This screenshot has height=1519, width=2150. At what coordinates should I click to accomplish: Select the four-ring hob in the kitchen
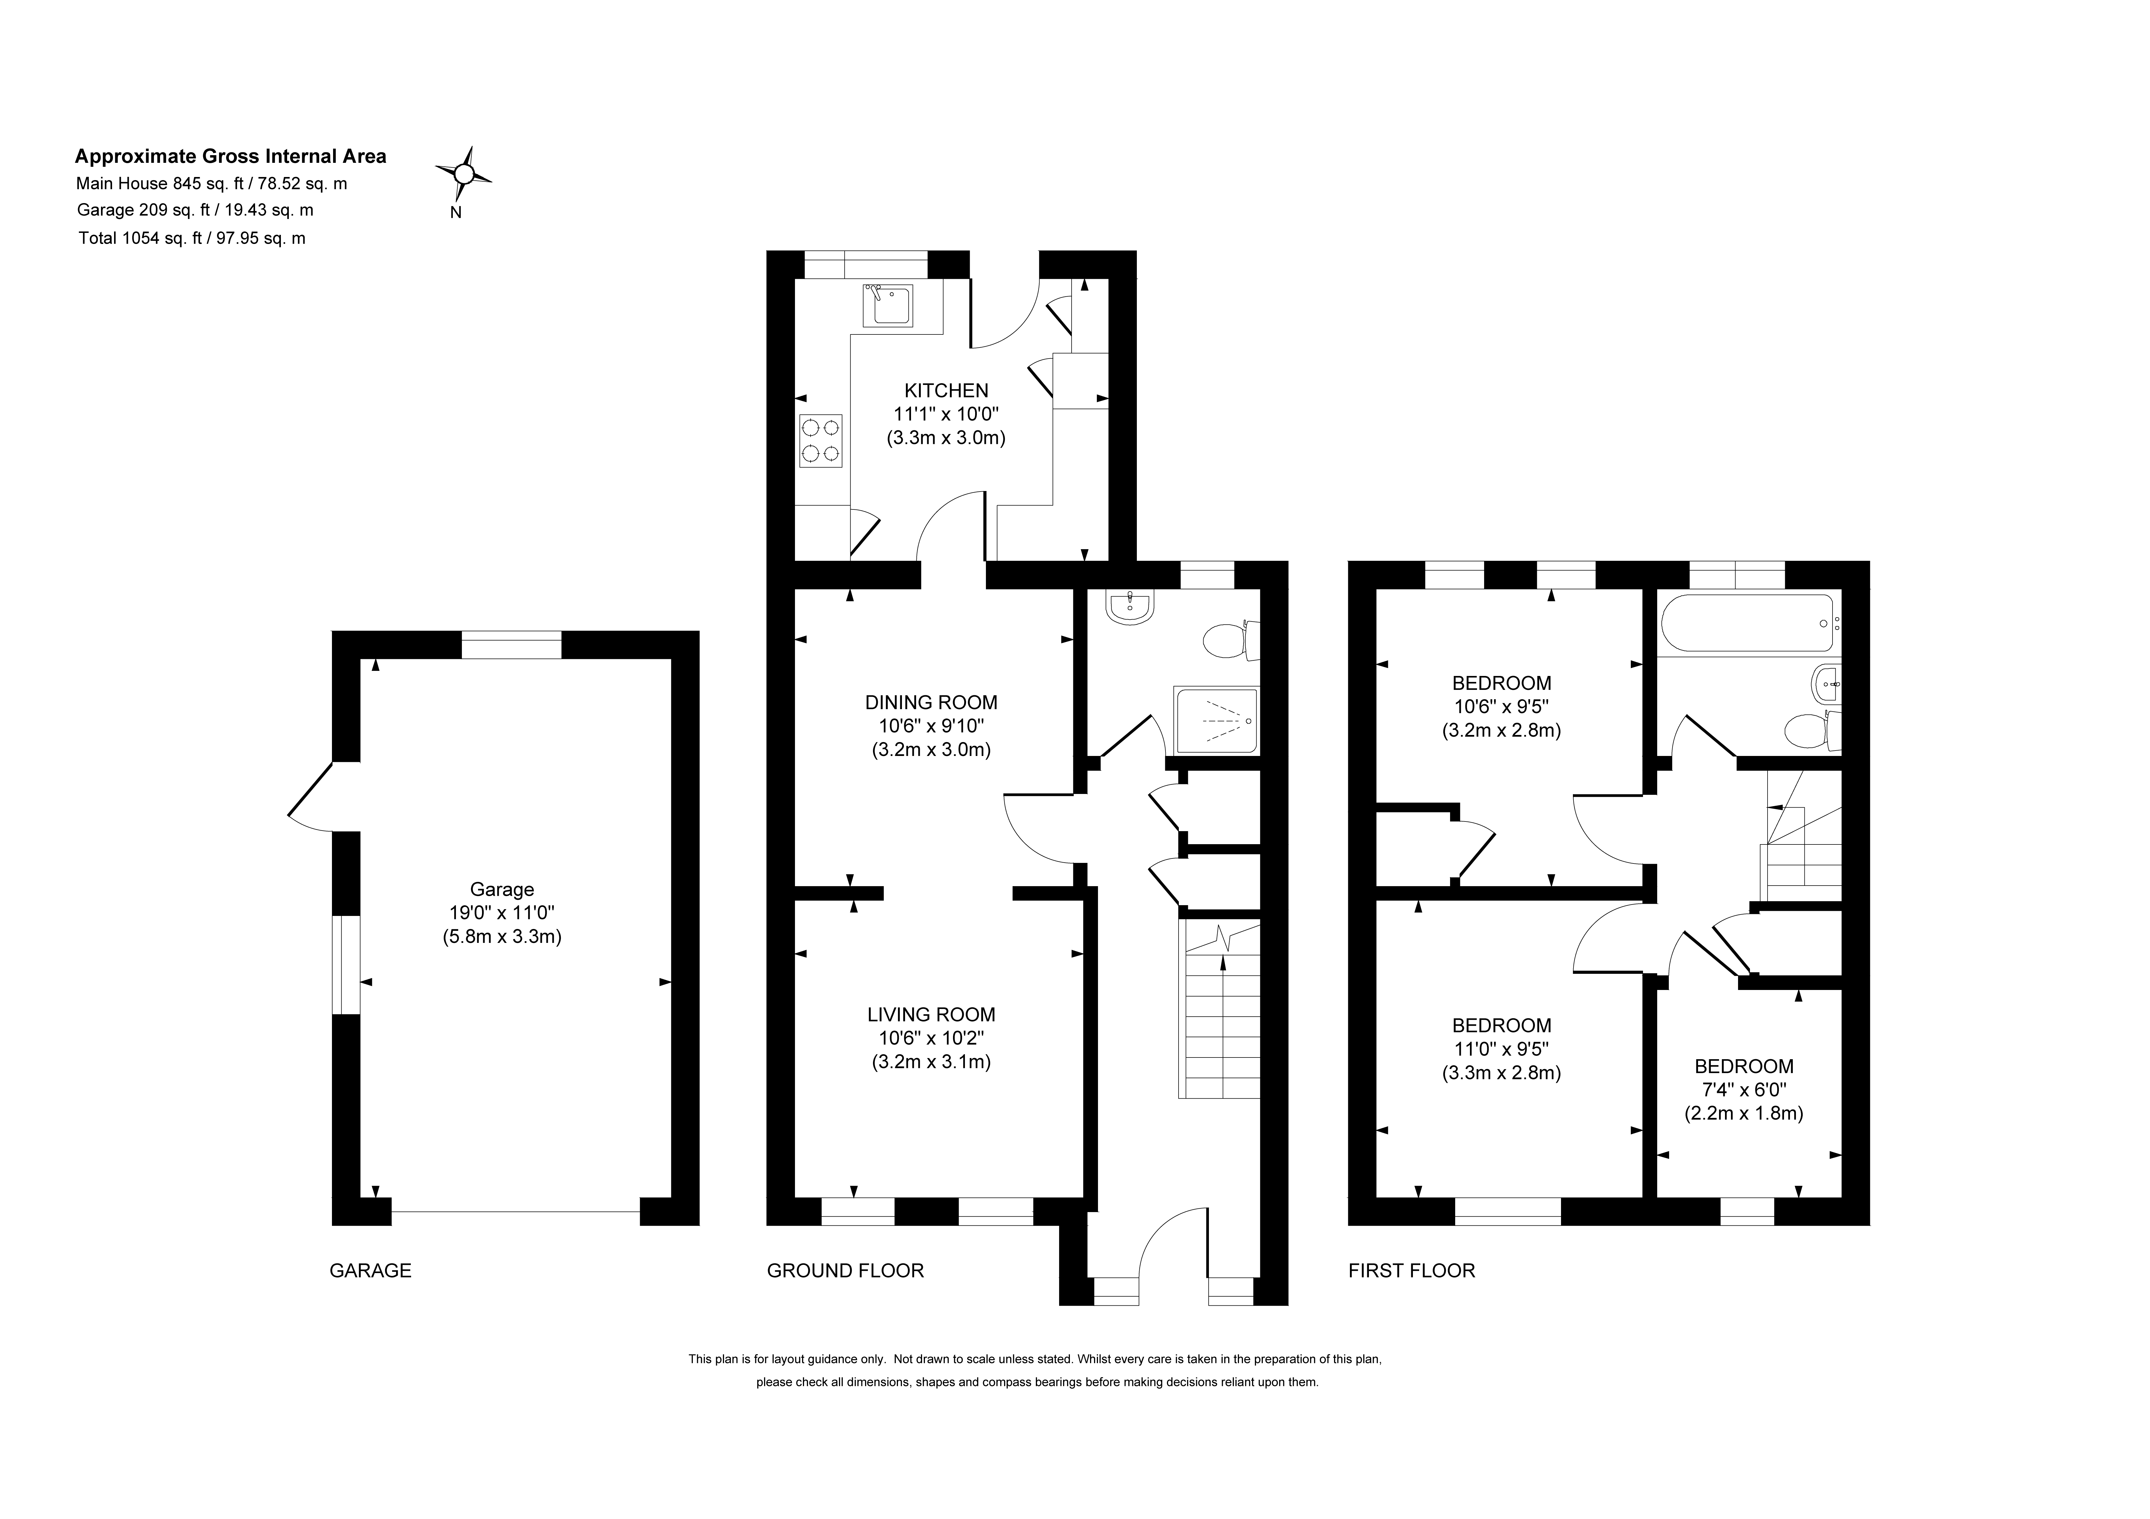click(820, 441)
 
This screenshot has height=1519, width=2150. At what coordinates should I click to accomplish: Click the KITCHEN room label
click(946, 391)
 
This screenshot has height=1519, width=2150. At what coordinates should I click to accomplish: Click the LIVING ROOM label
click(931, 1014)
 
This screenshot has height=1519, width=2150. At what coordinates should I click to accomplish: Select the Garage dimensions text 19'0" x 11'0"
click(502, 913)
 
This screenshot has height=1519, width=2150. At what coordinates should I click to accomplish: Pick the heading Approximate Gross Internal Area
click(230, 156)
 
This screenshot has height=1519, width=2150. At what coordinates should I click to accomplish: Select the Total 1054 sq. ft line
click(192, 238)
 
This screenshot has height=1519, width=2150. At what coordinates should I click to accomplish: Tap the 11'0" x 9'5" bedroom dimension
click(1501, 1049)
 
